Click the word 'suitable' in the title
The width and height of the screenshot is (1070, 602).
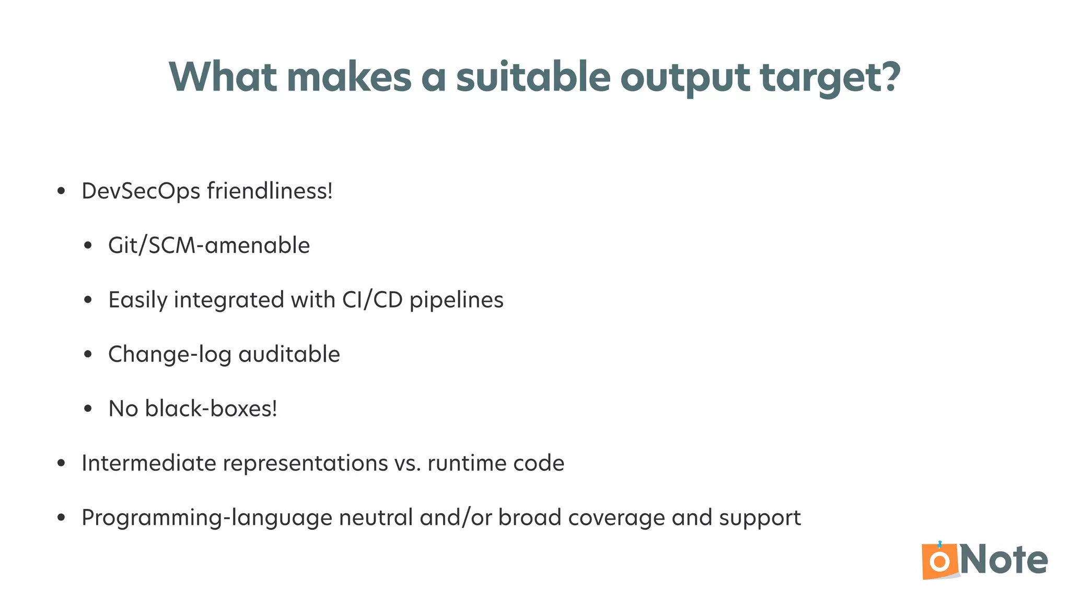(533, 77)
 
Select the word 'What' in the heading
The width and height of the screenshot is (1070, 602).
(223, 77)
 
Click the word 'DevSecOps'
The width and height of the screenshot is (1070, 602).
(141, 191)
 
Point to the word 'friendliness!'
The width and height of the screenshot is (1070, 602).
(270, 191)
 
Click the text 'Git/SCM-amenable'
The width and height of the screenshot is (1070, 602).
(209, 246)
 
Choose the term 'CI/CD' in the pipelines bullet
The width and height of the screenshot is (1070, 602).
(373, 300)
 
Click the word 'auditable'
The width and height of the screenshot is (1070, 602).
(289, 354)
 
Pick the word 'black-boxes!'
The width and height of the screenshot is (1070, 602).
(211, 409)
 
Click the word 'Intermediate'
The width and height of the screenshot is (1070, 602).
(149, 463)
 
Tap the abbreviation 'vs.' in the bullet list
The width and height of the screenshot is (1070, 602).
(408, 464)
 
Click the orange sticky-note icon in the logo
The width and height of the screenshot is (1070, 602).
(940, 561)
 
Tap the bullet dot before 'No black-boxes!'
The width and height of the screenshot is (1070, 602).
(88, 409)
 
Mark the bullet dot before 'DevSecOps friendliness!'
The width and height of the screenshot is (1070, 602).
(61, 191)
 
